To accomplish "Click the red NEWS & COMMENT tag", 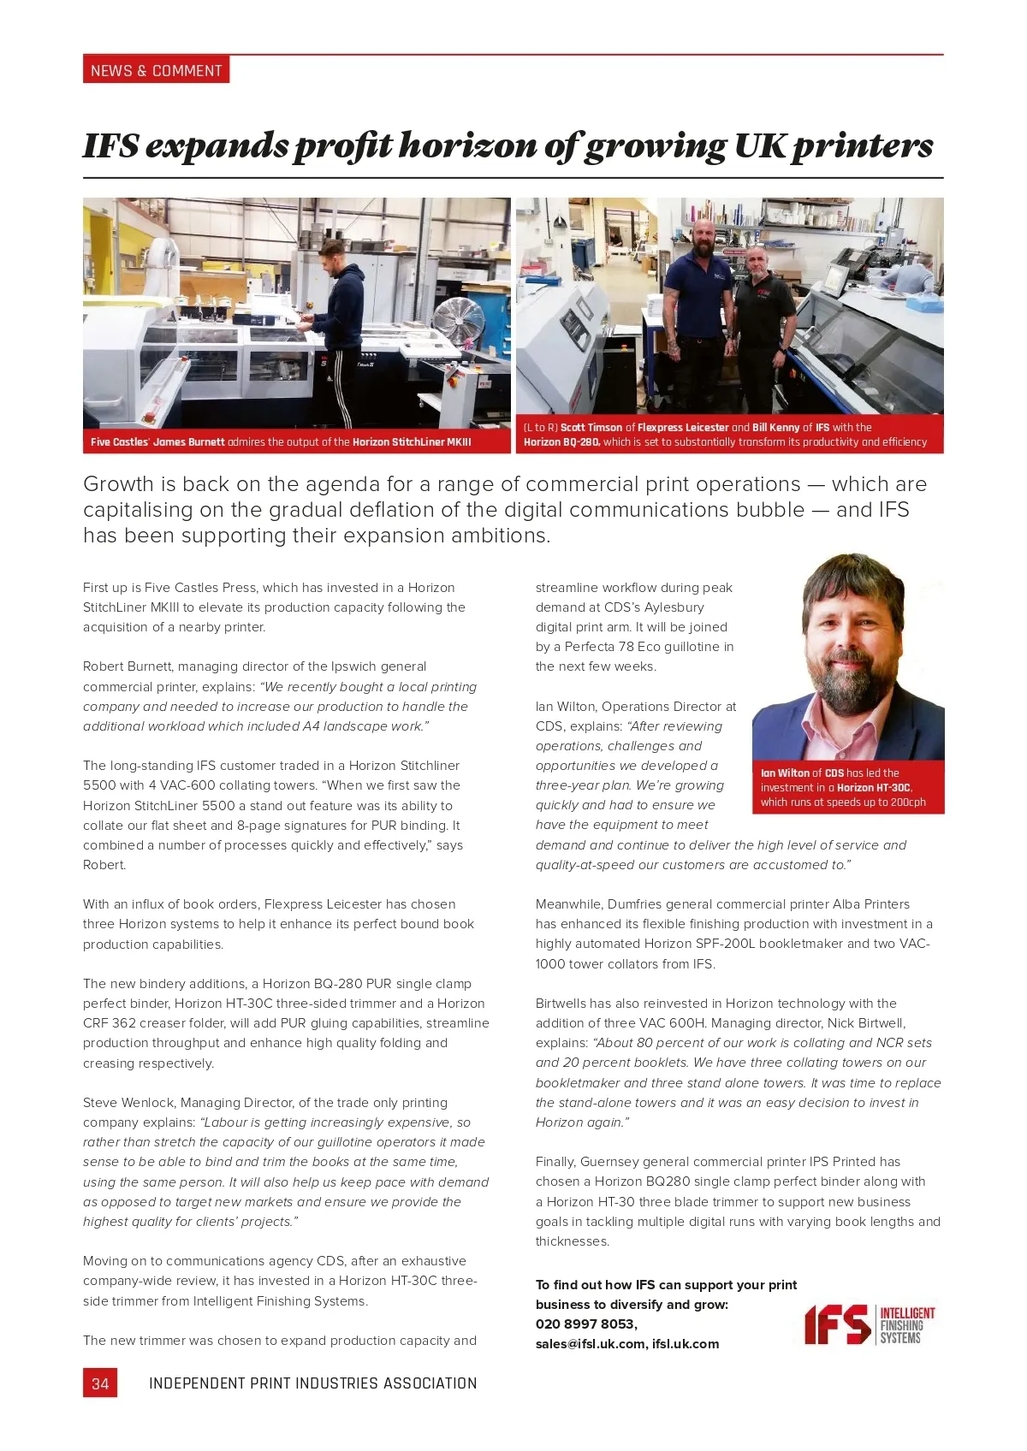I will click(x=156, y=70).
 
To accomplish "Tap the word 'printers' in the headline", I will click(x=862, y=145).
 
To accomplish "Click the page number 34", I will click(x=100, y=1383).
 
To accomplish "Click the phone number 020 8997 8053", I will click(x=585, y=1324).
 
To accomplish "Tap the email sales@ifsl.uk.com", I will click(x=591, y=1343).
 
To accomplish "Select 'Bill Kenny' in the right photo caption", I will click(x=775, y=427).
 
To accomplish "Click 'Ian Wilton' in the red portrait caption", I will click(x=785, y=773).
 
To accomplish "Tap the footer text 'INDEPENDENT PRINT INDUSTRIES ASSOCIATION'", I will click(x=312, y=1383).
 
